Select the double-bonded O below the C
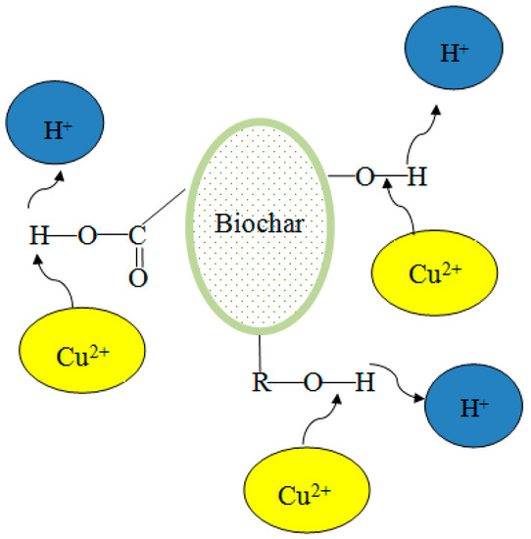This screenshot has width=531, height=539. [138, 278]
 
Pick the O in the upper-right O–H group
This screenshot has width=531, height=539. [364, 177]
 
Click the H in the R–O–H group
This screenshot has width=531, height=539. [363, 381]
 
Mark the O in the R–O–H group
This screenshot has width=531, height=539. [311, 381]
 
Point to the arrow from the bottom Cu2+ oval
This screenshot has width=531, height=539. [318, 421]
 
